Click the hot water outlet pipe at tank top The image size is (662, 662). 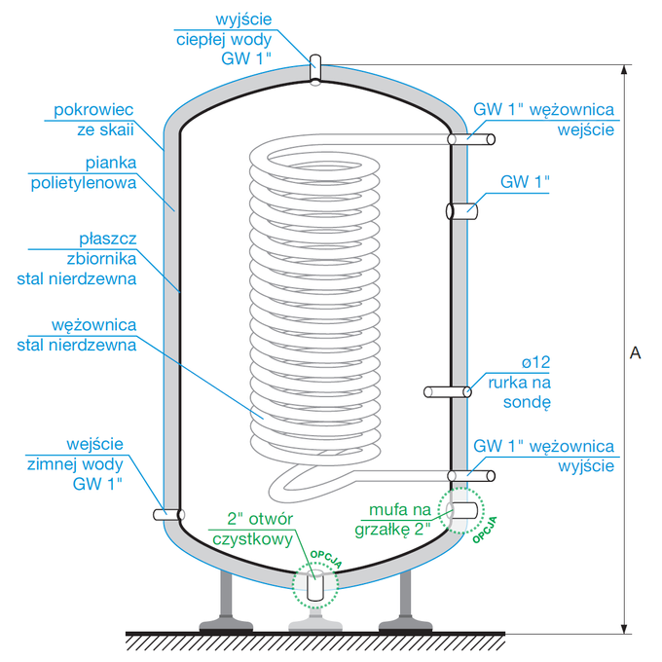point(314,69)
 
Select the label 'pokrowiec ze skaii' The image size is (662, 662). point(93,120)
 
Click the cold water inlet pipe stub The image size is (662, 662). point(167,514)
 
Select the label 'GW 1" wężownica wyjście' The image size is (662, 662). point(543,456)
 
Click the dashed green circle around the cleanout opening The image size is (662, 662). point(314,585)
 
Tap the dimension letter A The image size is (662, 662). point(634,352)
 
